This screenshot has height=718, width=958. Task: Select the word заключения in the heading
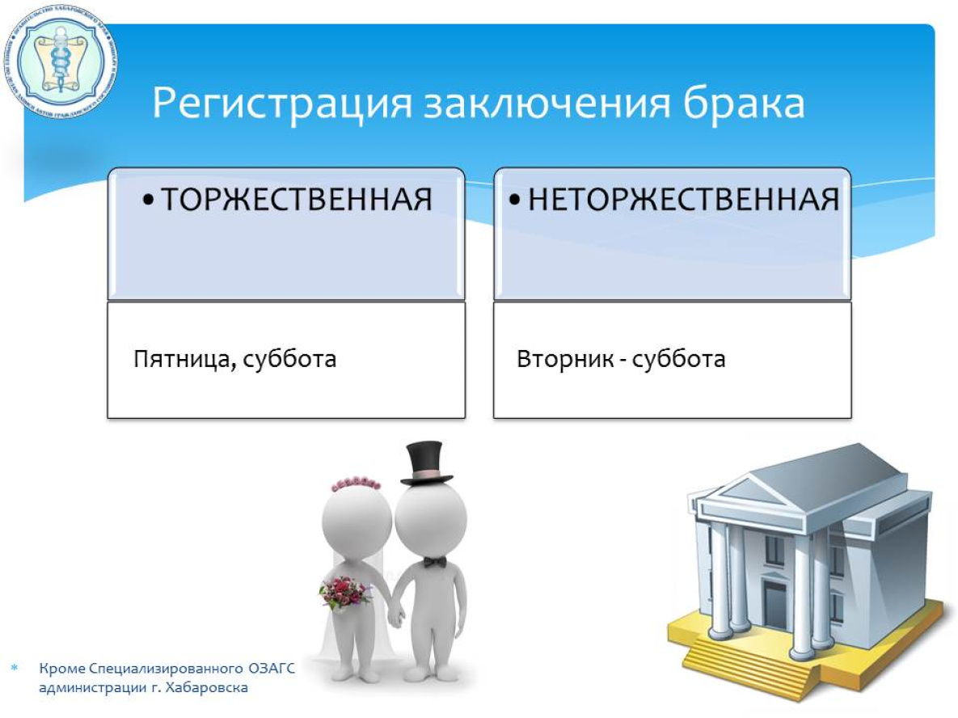[538, 105]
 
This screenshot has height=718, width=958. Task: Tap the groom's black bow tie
[435, 561]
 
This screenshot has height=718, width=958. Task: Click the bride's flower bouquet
[345, 593]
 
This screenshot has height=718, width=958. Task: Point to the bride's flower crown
[354, 485]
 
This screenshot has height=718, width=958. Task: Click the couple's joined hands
[395, 617]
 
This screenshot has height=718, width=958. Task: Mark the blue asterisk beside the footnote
[14, 669]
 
